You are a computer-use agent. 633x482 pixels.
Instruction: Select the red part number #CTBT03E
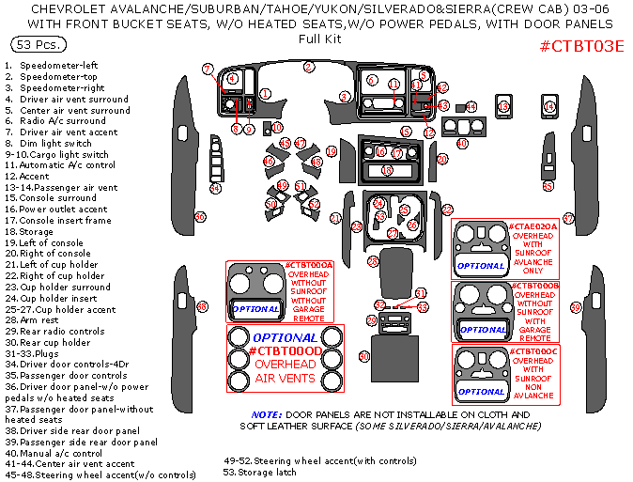582,46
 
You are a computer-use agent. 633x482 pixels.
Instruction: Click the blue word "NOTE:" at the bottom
268,414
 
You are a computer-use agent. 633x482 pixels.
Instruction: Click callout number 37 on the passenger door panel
568,217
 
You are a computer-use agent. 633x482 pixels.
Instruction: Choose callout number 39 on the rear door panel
576,307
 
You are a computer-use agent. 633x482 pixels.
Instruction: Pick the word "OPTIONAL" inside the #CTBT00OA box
255,309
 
